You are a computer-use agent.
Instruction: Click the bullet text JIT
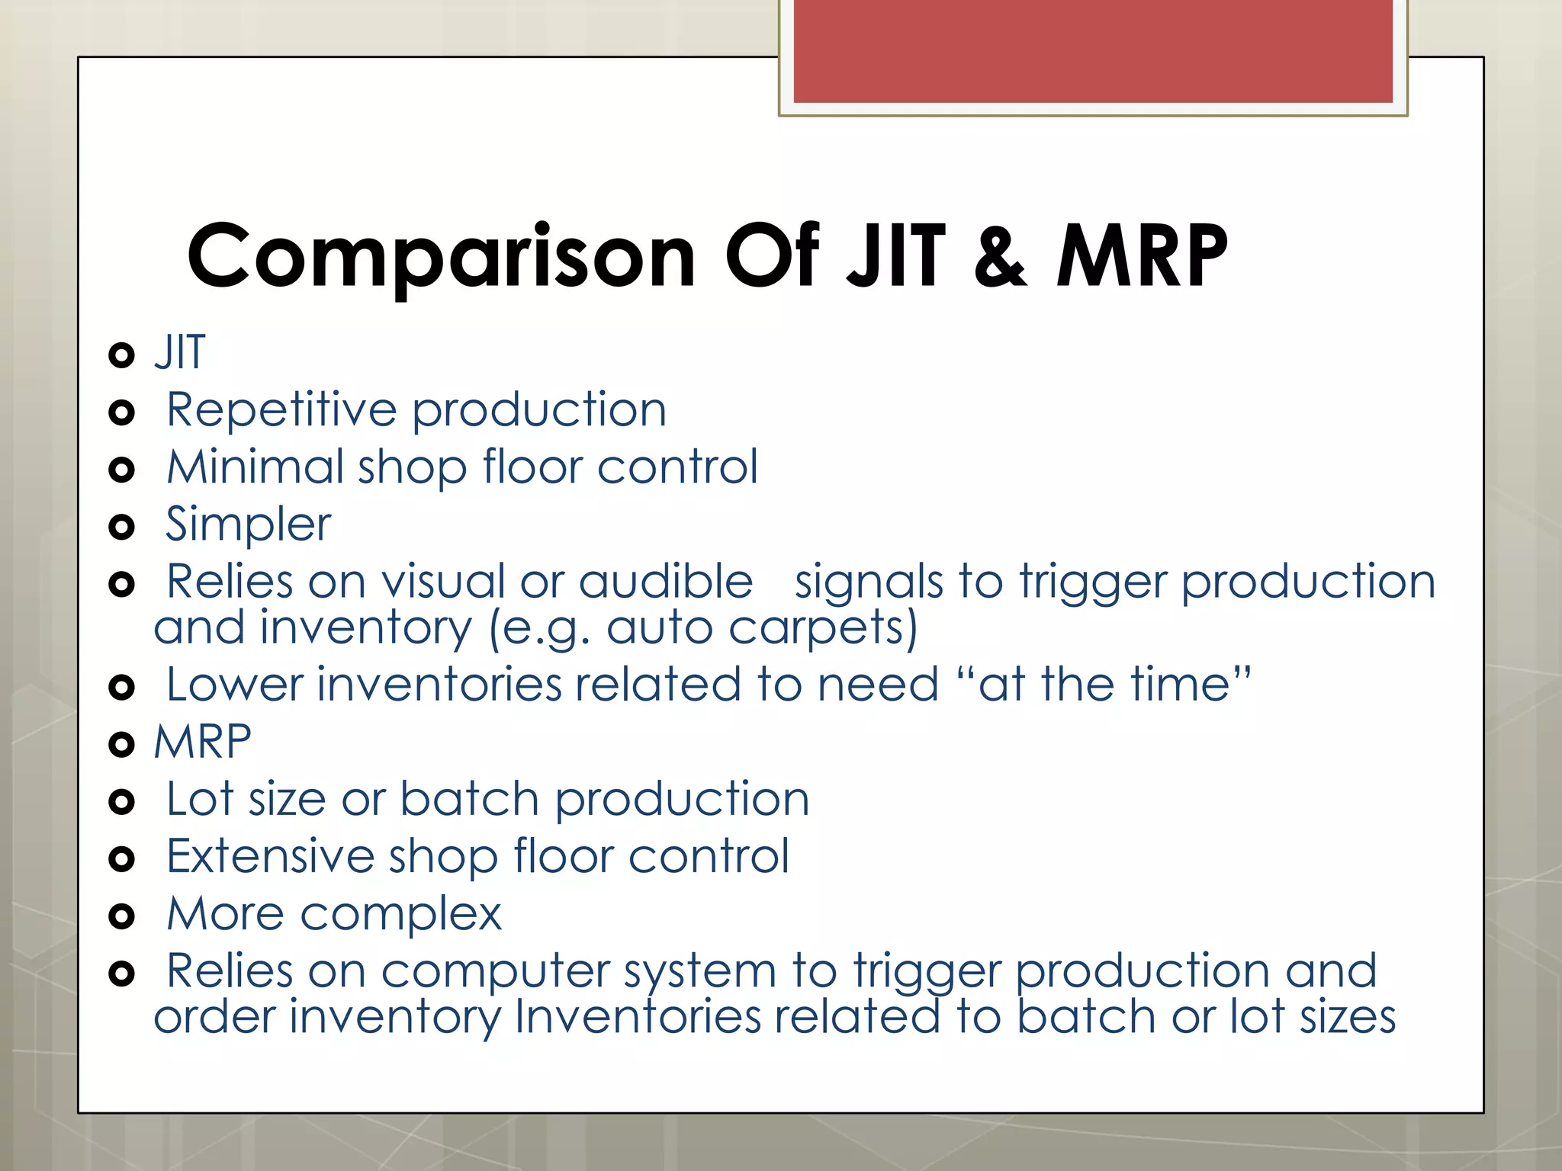pyautogui.click(x=180, y=353)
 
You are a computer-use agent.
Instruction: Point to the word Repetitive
pyautogui.click(x=281, y=411)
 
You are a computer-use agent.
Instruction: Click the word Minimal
pyautogui.click(x=255, y=467)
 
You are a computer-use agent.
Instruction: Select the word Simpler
pyautogui.click(x=249, y=525)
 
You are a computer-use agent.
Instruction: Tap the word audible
pyautogui.click(x=665, y=582)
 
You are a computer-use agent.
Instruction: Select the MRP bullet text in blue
pyautogui.click(x=203, y=742)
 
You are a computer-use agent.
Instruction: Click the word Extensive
pyautogui.click(x=270, y=857)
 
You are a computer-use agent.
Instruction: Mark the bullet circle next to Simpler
pyautogui.click(x=121, y=527)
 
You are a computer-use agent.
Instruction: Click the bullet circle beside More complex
pyautogui.click(x=121, y=916)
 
